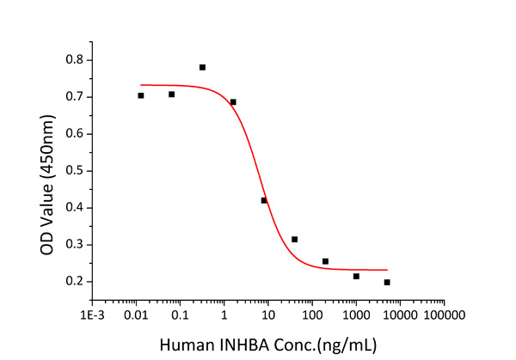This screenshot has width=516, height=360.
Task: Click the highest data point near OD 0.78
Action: point(202,67)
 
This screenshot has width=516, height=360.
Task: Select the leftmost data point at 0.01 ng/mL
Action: point(141,95)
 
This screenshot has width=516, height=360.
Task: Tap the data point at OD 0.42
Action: point(264,200)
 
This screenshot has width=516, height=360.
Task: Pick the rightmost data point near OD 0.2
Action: point(387,282)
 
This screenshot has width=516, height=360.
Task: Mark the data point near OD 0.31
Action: point(294,239)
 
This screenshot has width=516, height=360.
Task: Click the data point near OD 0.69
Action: point(233,101)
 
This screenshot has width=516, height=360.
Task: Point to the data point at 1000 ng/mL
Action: point(356,276)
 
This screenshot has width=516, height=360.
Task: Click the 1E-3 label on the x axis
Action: point(93,314)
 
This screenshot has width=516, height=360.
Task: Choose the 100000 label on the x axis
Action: point(445,314)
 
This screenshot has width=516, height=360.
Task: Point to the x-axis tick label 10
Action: point(268,314)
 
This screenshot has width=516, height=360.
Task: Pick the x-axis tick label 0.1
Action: point(180,314)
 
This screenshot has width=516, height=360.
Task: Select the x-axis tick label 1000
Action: point(356,314)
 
